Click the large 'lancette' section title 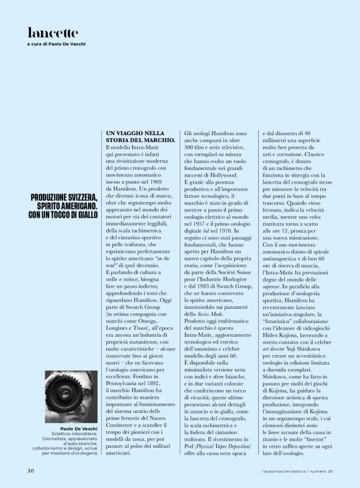(x=53, y=32)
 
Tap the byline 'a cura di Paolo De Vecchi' (x=56, y=45)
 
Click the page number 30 (x=30, y=471)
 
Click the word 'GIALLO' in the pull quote (x=84, y=215)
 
